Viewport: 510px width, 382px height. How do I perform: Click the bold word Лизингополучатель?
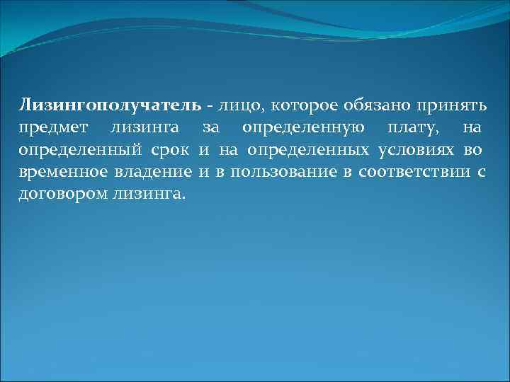click(x=110, y=106)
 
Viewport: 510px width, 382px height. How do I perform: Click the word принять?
click(x=452, y=106)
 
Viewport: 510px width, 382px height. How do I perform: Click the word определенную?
click(x=304, y=128)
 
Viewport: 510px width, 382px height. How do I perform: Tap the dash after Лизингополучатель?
click(x=210, y=107)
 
